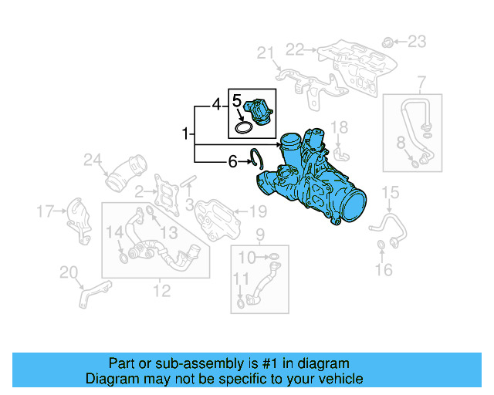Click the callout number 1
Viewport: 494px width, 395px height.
[x=185, y=134]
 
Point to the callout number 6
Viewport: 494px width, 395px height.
[x=232, y=162]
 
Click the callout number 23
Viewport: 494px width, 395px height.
[x=416, y=40]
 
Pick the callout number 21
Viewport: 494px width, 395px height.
[x=266, y=52]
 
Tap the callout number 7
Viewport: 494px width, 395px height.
[x=422, y=83]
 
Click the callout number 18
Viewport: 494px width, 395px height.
[x=340, y=127]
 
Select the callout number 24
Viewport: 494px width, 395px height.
[x=93, y=160]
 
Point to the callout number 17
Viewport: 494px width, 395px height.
[x=46, y=210]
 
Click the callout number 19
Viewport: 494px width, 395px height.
[x=257, y=211]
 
